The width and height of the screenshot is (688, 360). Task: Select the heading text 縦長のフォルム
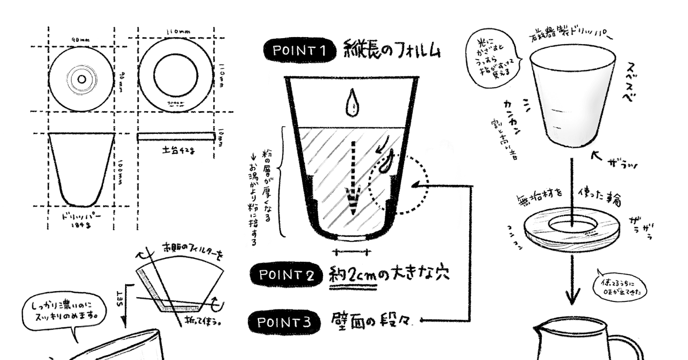[392, 49]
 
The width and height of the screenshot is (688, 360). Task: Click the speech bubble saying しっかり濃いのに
[64, 311]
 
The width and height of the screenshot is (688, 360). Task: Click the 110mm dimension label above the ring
[177, 32]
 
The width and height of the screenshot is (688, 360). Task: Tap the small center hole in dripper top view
[81, 79]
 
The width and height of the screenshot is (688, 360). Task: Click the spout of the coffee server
[541, 328]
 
